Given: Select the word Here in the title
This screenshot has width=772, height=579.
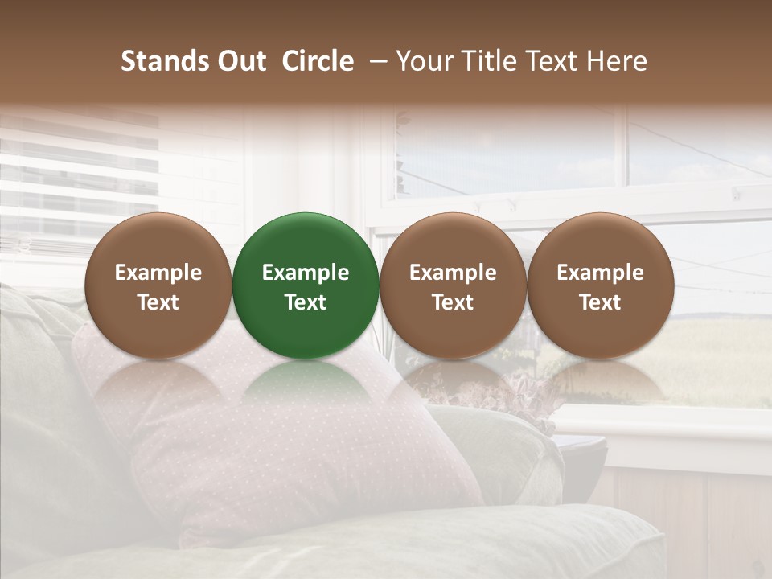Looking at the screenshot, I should coord(616,62).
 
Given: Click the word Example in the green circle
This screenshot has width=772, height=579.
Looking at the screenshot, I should coord(306,273).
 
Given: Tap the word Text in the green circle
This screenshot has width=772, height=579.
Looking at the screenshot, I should coord(306,302).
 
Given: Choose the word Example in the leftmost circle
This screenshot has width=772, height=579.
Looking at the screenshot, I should coord(158,273).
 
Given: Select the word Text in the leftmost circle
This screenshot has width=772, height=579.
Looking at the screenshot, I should coord(158,302).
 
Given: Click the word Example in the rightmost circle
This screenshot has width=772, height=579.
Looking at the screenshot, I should coord(600,273).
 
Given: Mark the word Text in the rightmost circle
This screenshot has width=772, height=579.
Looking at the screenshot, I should coord(600,302).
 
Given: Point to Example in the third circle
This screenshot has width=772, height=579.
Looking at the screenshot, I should coord(453,273).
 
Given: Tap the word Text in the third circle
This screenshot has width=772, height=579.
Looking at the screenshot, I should coord(453,302).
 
